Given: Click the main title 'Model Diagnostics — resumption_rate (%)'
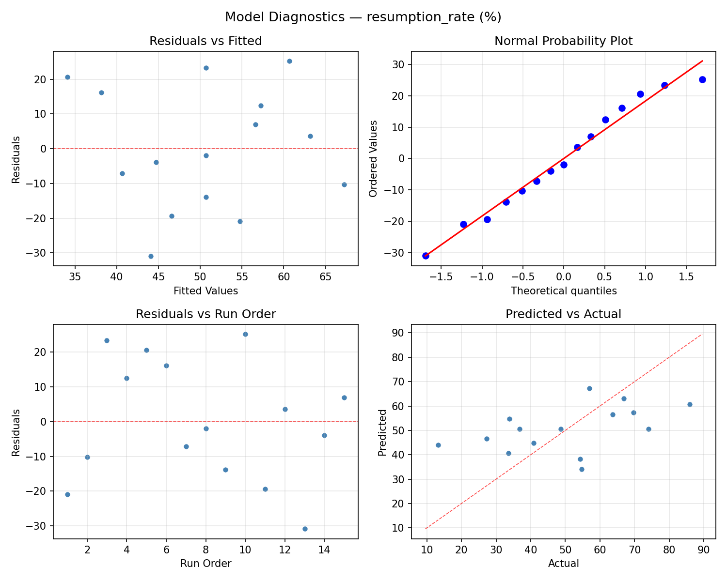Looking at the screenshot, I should tap(363, 17).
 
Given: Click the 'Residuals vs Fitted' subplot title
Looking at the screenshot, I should tap(205, 41).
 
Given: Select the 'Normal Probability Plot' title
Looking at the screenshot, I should tap(563, 41).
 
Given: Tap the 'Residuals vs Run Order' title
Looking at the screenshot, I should tap(205, 314).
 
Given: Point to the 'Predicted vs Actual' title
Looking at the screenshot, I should tap(563, 314).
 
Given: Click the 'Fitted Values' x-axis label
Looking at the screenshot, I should tap(205, 291).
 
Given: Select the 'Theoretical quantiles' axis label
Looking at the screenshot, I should tap(563, 291).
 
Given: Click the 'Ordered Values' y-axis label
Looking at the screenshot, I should tap(373, 158).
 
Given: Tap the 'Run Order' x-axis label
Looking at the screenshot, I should tap(205, 564).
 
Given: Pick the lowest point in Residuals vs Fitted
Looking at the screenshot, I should tap(151, 256).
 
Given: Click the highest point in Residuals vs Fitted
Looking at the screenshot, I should tap(289, 61).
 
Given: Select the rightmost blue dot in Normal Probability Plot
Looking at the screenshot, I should tap(702, 79).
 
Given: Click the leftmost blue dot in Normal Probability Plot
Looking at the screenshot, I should tap(426, 256).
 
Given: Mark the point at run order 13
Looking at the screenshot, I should tap(305, 529).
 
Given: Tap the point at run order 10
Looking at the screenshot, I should tap(245, 334).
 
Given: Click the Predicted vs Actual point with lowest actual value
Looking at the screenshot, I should tap(438, 445).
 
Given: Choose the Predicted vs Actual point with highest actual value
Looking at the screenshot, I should tap(690, 404).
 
